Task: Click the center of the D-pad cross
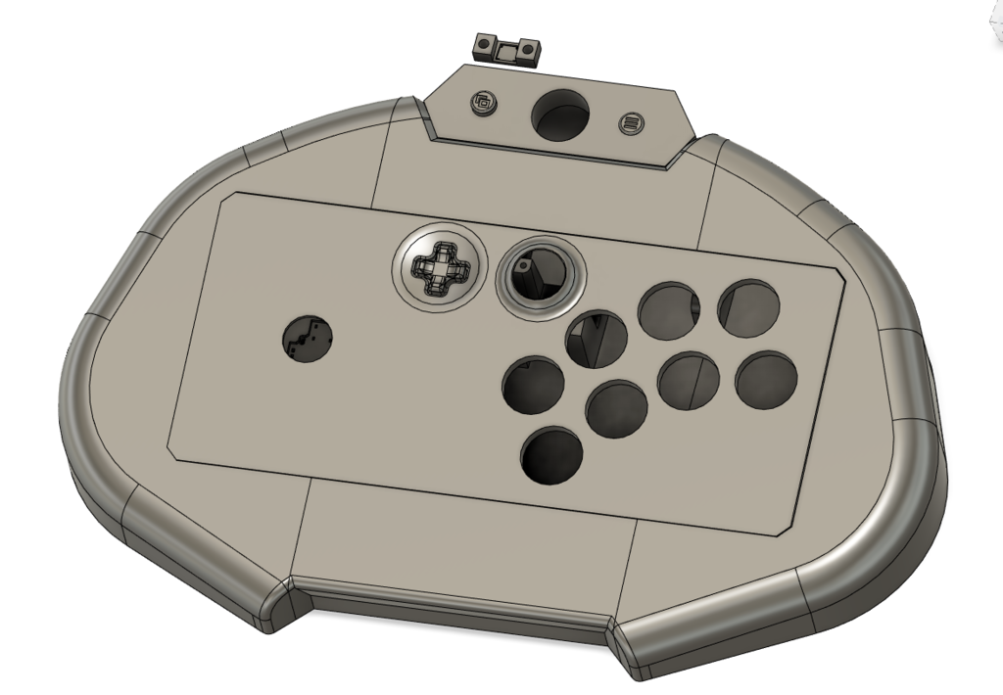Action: tap(440, 268)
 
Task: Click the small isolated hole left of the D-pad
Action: tap(308, 339)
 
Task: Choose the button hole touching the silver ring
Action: tap(597, 338)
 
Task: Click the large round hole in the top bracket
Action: tap(561, 116)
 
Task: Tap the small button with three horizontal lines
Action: tap(632, 123)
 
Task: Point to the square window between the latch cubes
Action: tap(506, 50)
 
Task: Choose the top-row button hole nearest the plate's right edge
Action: tap(749, 306)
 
